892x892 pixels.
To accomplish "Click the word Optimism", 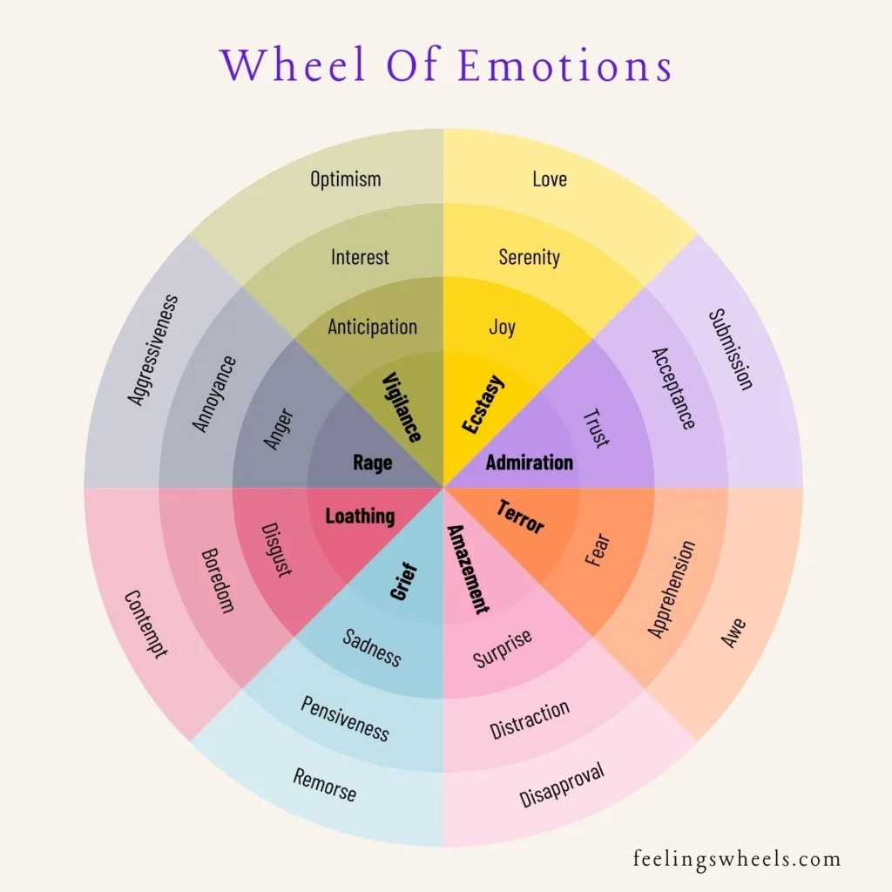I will pyautogui.click(x=346, y=179).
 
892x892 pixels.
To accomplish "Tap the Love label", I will pyautogui.click(x=550, y=179).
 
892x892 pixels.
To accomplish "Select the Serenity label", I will pyautogui.click(x=530, y=257).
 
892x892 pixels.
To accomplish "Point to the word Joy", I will pyautogui.click(x=503, y=328).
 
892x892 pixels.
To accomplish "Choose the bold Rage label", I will pyautogui.click(x=372, y=463).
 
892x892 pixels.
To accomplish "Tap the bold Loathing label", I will pyautogui.click(x=360, y=517).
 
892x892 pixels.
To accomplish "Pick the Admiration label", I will pyautogui.click(x=530, y=463).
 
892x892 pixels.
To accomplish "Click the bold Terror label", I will pyautogui.click(x=520, y=517).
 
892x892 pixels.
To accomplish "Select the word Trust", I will pyautogui.click(x=597, y=428).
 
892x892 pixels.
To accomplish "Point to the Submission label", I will pyautogui.click(x=730, y=349).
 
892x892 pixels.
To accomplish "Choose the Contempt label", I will pyautogui.click(x=145, y=624).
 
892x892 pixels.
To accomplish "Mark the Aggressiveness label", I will pyautogui.click(x=152, y=350).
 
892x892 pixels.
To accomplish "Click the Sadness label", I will pyautogui.click(x=372, y=647).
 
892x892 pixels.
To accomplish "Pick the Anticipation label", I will pyautogui.click(x=373, y=328).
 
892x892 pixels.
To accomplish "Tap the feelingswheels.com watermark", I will pyautogui.click(x=737, y=859).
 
